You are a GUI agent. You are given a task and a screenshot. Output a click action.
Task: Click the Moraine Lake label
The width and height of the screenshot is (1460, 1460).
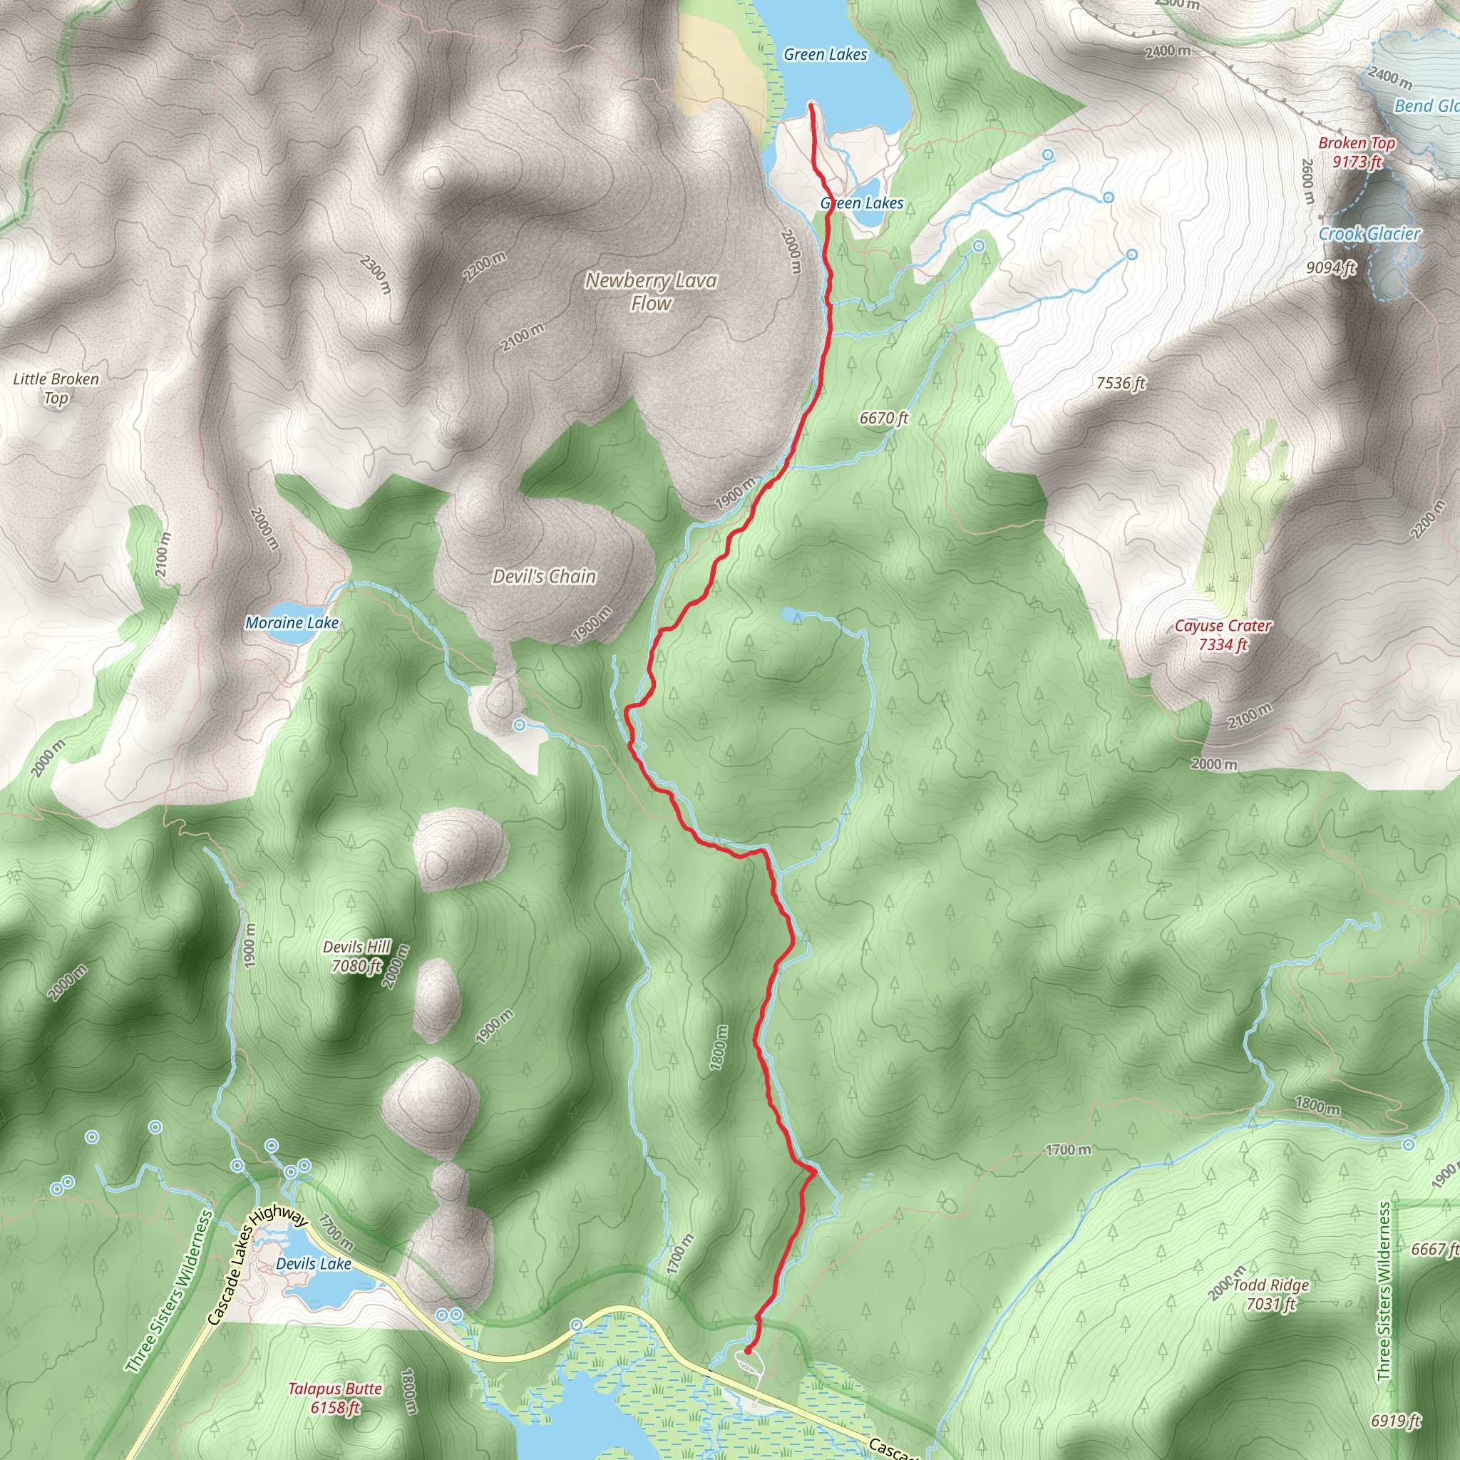[x=292, y=622]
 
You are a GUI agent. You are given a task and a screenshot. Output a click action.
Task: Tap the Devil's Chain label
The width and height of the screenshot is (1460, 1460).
[x=544, y=577]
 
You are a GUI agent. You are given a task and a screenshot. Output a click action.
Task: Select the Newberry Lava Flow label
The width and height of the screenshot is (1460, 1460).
[x=651, y=292]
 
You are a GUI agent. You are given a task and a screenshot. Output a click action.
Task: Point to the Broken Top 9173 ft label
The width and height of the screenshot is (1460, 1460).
[x=1357, y=152]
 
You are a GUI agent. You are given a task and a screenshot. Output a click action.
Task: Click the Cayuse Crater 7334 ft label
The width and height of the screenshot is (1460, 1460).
[x=1223, y=634]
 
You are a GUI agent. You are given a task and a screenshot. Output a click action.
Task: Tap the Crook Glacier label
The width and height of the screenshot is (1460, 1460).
[x=1369, y=235]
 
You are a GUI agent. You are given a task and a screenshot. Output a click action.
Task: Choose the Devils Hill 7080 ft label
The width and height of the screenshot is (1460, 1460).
[x=356, y=956]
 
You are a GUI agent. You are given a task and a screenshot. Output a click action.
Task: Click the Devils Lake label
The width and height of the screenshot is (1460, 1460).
[x=314, y=1263]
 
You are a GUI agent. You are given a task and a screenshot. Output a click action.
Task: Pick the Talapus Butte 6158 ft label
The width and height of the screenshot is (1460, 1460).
[x=335, y=1397]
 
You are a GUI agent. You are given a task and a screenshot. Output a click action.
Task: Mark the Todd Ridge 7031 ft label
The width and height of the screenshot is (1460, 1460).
[x=1271, y=1294]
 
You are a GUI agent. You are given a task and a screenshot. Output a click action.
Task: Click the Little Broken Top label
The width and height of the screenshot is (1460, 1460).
[x=56, y=389]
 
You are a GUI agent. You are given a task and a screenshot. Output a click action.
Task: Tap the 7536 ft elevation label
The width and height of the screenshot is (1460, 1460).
[x=1121, y=383]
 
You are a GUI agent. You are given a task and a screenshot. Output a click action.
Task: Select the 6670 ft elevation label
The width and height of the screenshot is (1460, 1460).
[x=883, y=418]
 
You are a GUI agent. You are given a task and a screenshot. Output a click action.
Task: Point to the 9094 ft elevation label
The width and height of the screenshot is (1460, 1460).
[x=1331, y=267]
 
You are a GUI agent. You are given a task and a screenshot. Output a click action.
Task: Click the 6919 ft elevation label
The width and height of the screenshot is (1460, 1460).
[x=1396, y=1421]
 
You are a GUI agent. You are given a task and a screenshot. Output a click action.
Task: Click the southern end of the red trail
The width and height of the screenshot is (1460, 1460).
[x=746, y=1350]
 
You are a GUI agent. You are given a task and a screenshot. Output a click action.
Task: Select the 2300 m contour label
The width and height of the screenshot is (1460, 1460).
[x=376, y=274]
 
